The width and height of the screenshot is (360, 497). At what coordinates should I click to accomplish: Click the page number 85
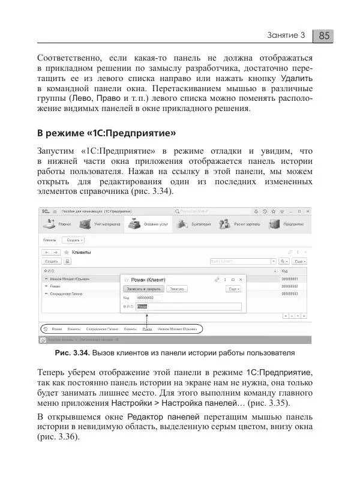(x=324, y=35)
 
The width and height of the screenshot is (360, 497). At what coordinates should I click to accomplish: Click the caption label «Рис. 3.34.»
(x=71, y=352)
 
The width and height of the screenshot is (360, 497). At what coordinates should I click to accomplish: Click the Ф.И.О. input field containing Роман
(x=189, y=306)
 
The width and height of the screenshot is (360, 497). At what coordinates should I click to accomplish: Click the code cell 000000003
(x=289, y=294)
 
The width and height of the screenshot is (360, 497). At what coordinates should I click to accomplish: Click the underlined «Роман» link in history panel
(x=146, y=329)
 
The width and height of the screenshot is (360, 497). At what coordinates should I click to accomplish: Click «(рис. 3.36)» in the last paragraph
(x=58, y=436)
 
